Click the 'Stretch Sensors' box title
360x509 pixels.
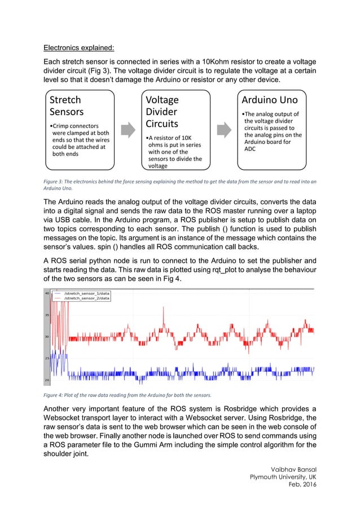tap(66, 106)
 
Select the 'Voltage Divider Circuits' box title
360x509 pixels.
tap(163, 112)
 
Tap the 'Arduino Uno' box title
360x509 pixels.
tap(269, 100)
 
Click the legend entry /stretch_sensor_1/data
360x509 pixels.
tap(86, 293)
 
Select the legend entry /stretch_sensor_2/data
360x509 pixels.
tap(86, 299)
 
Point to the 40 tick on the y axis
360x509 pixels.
tap(46, 293)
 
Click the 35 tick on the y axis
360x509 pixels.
tap(46, 315)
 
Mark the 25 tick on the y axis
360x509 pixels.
tap(46, 358)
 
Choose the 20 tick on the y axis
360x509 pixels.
tap(46, 379)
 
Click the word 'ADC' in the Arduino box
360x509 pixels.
tap(250, 149)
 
